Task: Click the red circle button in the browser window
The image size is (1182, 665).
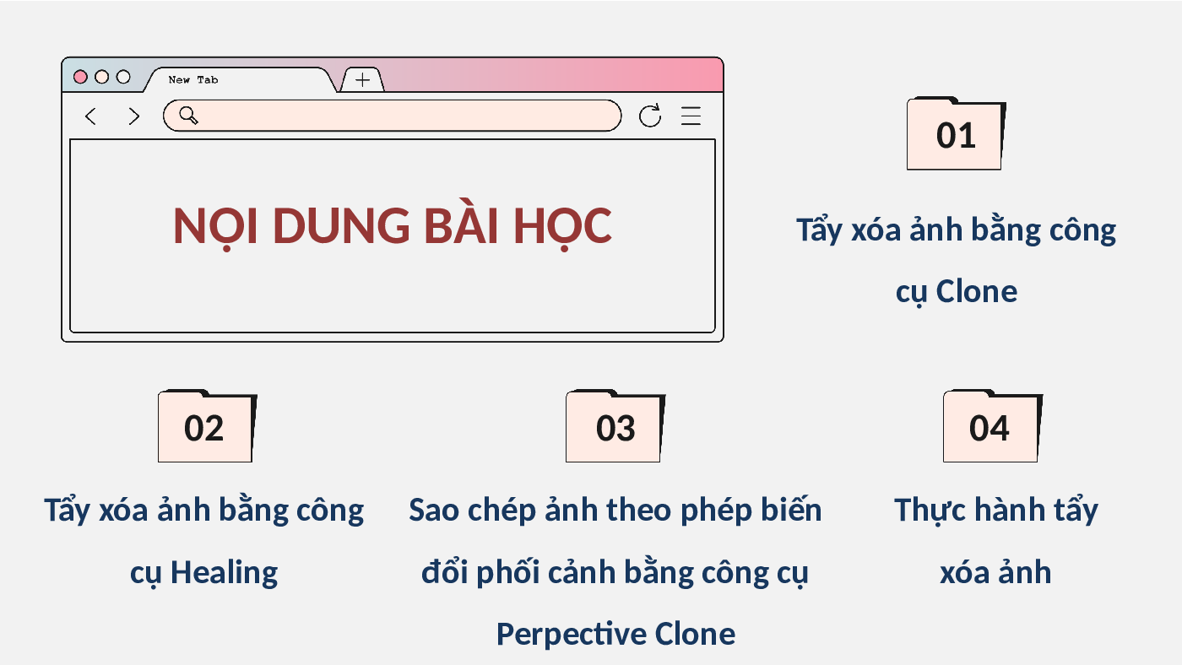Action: pos(80,77)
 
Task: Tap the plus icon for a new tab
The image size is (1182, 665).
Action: pos(362,80)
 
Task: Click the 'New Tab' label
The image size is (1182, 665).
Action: pos(193,79)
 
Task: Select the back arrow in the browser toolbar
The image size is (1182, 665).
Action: pos(91,116)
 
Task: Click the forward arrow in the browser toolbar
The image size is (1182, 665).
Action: pos(134,116)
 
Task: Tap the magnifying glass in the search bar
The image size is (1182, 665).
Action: pos(188,115)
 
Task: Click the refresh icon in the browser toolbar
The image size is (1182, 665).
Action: pos(649,116)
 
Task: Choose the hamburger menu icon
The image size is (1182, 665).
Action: pos(691,116)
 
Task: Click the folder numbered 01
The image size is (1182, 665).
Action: pos(956,133)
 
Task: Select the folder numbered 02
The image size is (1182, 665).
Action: pos(208,426)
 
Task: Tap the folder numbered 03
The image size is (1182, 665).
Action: pos(615,426)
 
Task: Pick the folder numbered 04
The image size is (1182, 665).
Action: pos(993,426)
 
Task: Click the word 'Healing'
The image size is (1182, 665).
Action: pos(225,573)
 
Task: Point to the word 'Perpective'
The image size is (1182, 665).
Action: pos(571,635)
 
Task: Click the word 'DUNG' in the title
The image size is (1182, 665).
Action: pos(341,226)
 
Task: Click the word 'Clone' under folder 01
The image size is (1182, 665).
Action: pos(977,291)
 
